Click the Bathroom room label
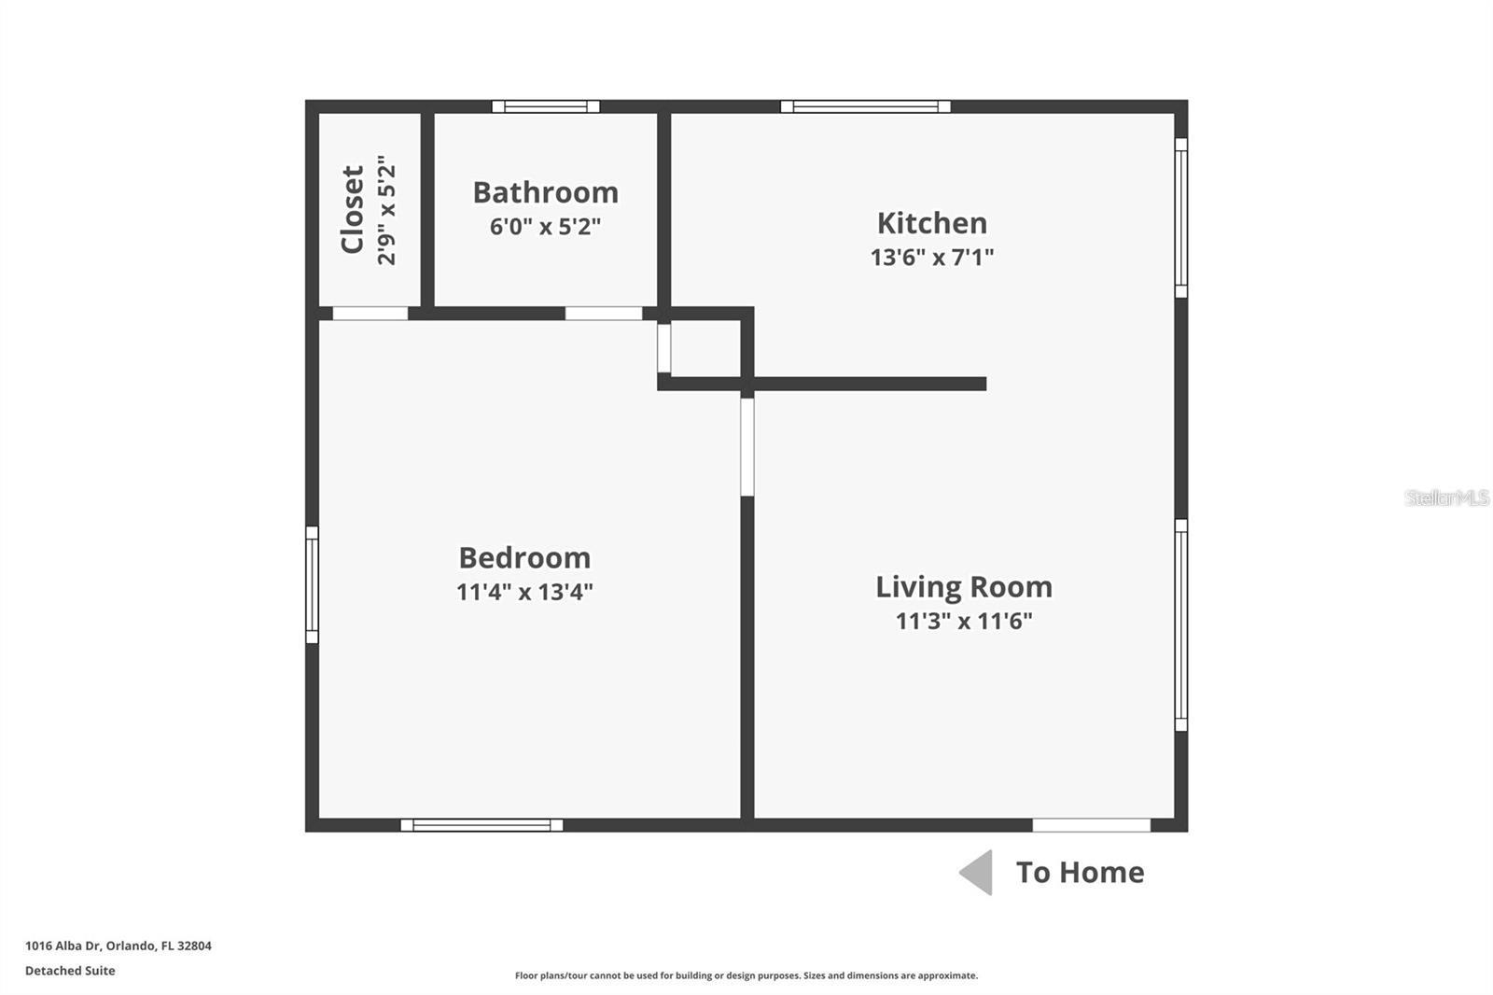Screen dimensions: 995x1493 546,192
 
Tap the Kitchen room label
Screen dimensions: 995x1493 931,223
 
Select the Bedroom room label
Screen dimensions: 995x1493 524,557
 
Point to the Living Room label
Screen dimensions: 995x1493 963,587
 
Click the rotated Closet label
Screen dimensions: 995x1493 353,210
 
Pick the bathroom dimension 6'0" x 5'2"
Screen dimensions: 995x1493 546,227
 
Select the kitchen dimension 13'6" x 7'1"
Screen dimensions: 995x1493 931,257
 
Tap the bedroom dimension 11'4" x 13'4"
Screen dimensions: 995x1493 524,592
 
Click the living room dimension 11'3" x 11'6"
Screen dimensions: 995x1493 963,621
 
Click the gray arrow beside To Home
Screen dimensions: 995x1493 977,873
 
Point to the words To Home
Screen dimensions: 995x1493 1080,873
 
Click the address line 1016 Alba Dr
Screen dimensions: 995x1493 119,946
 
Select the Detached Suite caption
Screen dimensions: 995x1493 70,971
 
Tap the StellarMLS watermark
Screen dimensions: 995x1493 1446,497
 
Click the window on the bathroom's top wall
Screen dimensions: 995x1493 546,106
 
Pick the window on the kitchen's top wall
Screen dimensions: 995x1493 866,106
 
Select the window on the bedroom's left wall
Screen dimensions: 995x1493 313,585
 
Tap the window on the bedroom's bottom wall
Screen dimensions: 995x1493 481,825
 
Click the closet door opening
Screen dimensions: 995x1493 370,314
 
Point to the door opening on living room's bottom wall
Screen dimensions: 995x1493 1091,825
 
